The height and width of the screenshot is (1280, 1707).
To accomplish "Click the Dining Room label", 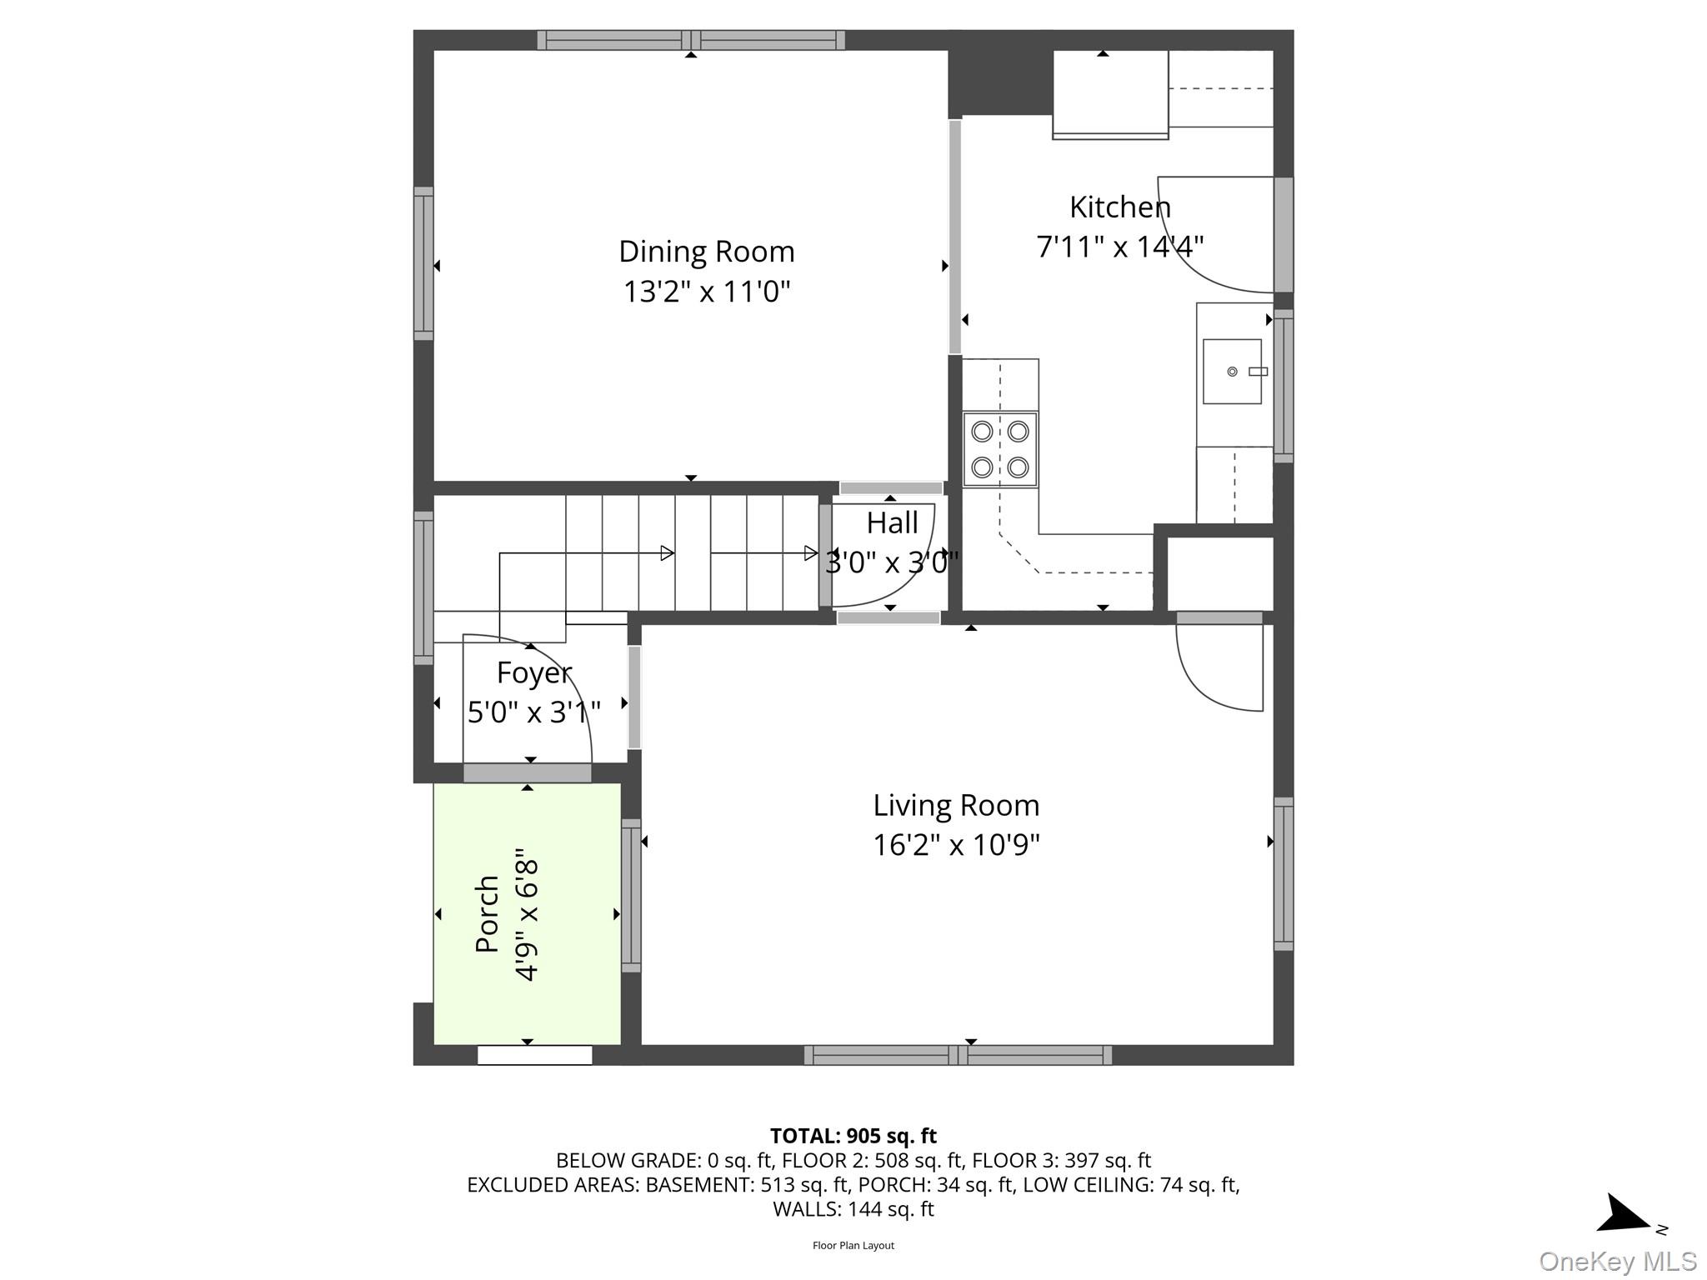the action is [706, 252].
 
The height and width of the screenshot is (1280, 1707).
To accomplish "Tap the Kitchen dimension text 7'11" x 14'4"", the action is [1119, 247].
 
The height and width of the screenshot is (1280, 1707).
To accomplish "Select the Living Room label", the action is [956, 806].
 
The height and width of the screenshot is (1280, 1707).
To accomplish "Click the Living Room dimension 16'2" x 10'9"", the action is [956, 845].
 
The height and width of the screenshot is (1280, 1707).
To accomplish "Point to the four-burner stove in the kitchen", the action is [1000, 449].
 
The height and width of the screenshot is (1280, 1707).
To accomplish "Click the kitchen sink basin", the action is [1232, 372].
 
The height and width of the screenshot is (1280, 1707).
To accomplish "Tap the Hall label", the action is [892, 523].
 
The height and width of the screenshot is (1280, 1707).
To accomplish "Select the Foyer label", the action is [534, 673].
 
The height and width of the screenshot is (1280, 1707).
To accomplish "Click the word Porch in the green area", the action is [487, 914].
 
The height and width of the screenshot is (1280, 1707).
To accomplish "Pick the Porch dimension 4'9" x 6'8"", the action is [527, 914].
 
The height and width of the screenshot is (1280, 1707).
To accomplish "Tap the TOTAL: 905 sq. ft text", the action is [853, 1136].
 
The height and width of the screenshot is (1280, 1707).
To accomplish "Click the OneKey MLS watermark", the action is [1618, 1261].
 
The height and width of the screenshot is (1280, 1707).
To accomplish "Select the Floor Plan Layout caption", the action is [853, 1245].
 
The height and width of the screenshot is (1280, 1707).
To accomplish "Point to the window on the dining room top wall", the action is [691, 40].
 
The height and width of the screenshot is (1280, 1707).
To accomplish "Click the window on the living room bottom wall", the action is [958, 1055].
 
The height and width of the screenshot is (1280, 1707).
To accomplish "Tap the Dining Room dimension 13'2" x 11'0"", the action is [706, 292].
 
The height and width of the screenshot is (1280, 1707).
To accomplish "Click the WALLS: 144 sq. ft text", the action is [853, 1209].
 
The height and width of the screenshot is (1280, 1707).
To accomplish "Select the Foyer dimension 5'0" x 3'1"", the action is [534, 712].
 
